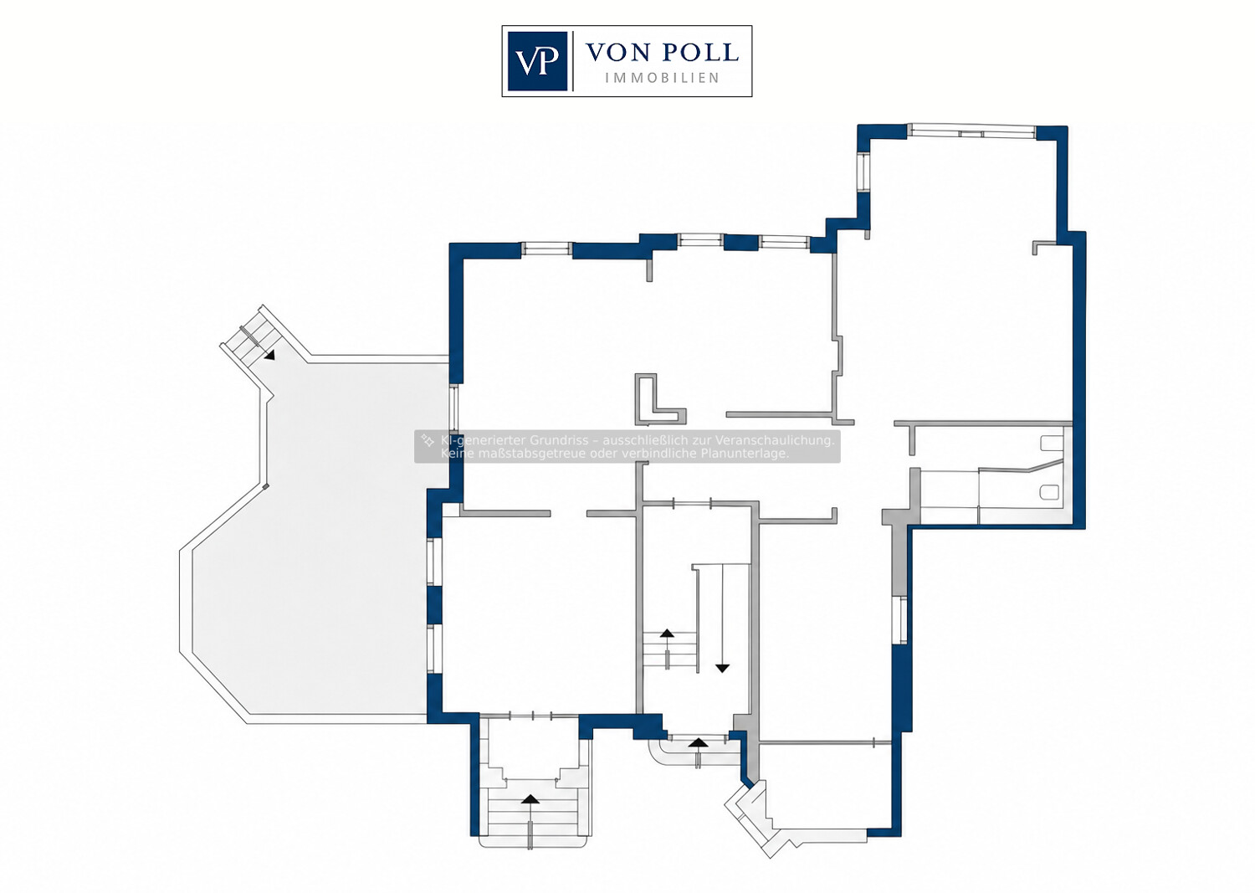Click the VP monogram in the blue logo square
pyautogui.click(x=537, y=61)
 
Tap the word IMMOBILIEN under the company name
pyautogui.click(x=663, y=78)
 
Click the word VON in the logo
pyautogui.click(x=617, y=53)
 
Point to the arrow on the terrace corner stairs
pyautogui.click(x=270, y=355)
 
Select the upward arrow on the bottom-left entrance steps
pyautogui.click(x=530, y=799)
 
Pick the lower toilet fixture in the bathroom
pyautogui.click(x=1049, y=493)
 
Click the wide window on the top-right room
pyautogui.click(x=971, y=131)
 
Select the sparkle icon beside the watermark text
pyautogui.click(x=428, y=440)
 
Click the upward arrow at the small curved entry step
pyautogui.click(x=698, y=742)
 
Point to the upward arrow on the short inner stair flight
pyautogui.click(x=667, y=633)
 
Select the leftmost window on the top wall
pyautogui.click(x=547, y=249)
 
